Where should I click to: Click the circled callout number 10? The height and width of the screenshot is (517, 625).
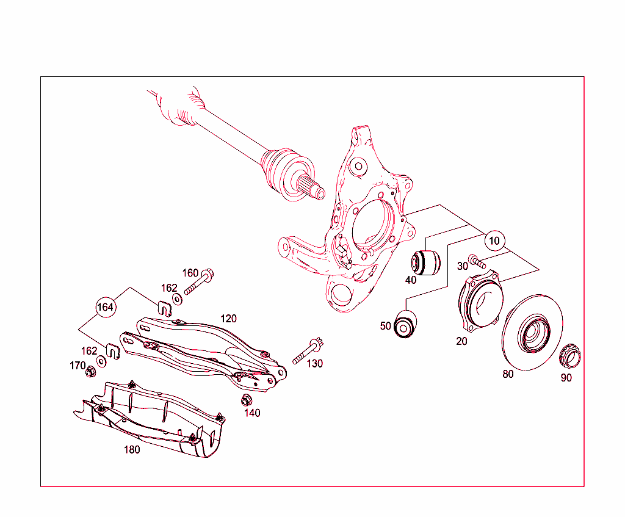[494, 241]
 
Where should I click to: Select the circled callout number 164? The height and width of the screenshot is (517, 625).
[106, 307]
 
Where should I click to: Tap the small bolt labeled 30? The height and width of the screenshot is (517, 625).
[477, 262]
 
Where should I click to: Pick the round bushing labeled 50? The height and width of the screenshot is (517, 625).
[405, 323]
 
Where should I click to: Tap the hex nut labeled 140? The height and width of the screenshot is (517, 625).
[247, 400]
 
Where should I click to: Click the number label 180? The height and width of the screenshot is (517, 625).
[132, 450]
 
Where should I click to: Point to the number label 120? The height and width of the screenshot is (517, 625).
[228, 319]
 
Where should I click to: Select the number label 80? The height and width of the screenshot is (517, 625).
[508, 374]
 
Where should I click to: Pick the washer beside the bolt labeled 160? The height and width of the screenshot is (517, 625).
[177, 299]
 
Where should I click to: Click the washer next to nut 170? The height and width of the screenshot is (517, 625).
[101, 361]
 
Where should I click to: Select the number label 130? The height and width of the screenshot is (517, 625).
[315, 364]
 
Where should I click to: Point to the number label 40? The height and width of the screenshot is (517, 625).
[410, 280]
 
